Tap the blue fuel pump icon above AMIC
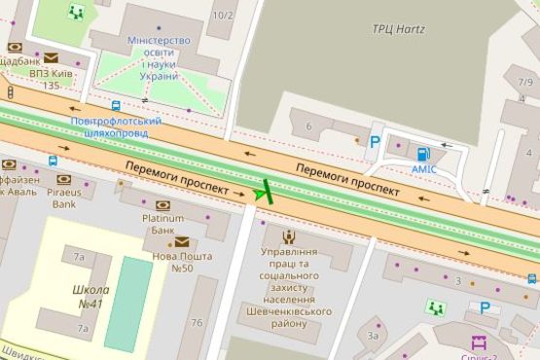[422, 153]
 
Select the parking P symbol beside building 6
[375, 142]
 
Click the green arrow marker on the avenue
[262, 192]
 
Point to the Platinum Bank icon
[162, 205]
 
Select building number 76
[197, 323]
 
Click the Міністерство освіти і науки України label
[159, 57]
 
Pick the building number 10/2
[224, 16]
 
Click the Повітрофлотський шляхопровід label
[117, 127]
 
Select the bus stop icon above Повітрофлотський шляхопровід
[117, 106]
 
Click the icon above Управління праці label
[289, 235]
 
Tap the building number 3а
[372, 335]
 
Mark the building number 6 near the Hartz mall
[308, 126]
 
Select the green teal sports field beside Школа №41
[128, 304]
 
